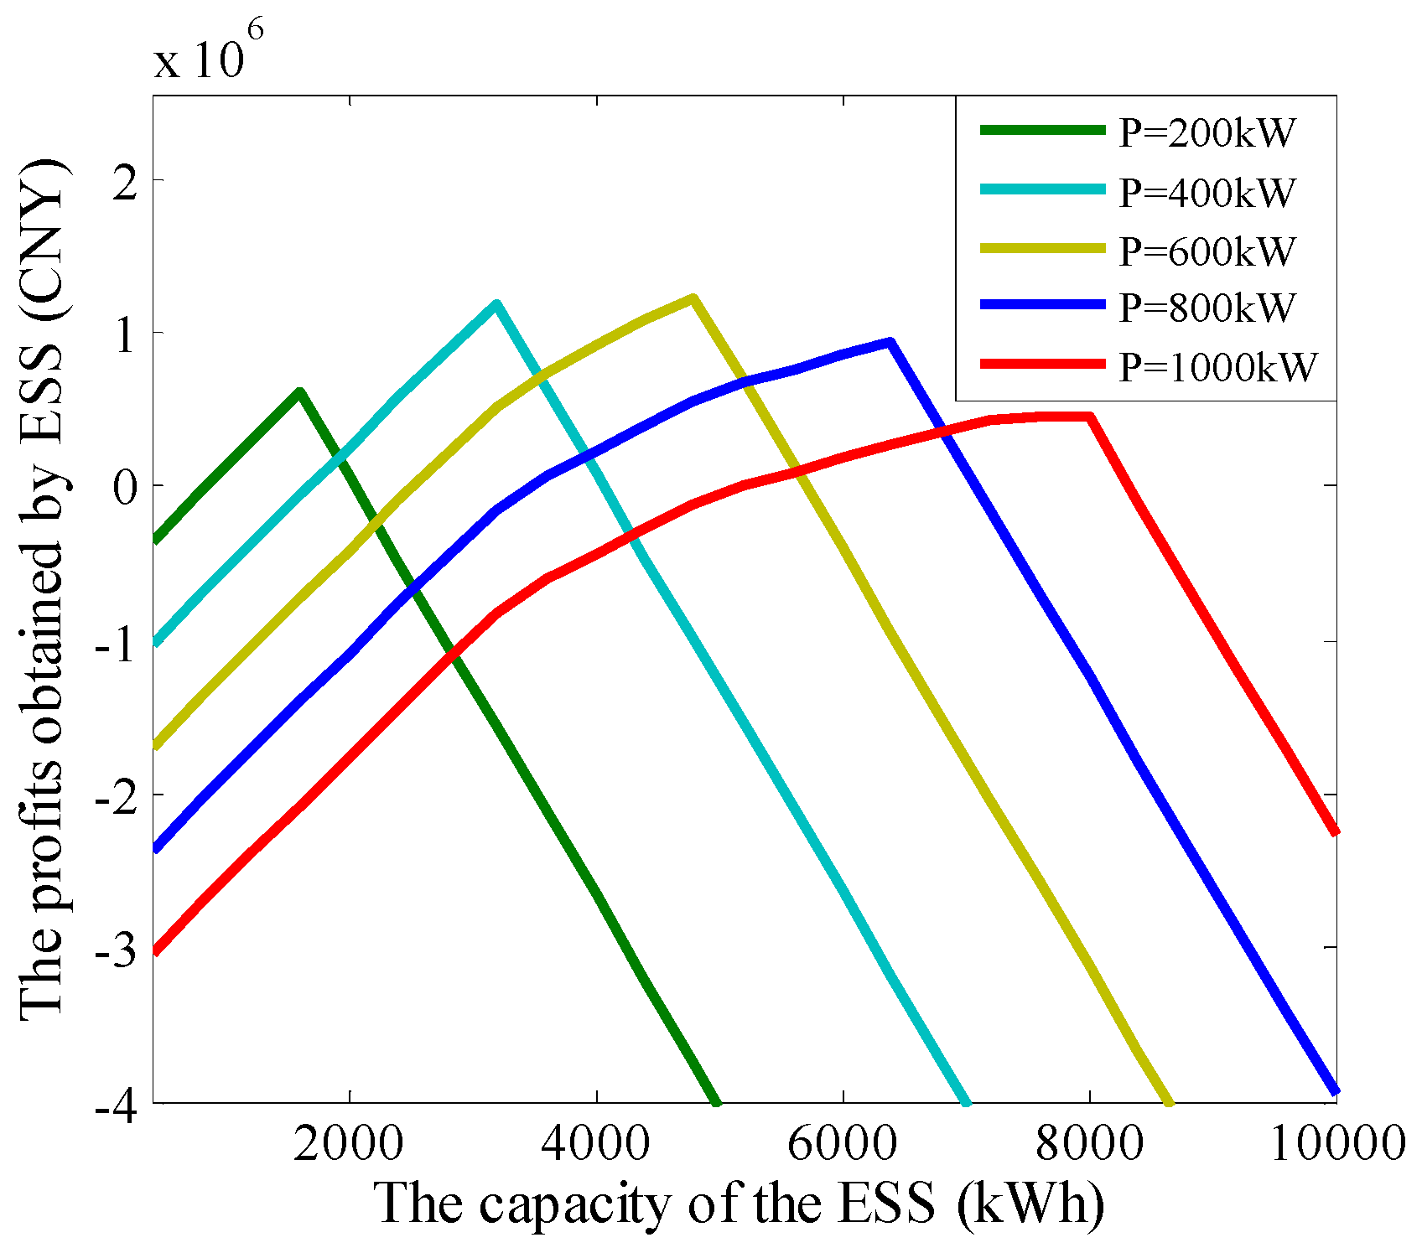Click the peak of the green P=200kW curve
(x=299, y=392)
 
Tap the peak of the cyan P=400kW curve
(x=496, y=305)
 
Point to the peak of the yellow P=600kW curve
(x=693, y=298)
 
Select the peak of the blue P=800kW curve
(x=890, y=342)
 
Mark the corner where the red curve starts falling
(x=1089, y=417)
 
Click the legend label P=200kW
(x=1207, y=133)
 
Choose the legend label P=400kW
(x=1207, y=193)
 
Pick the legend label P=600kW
(x=1207, y=251)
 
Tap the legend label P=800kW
(x=1207, y=308)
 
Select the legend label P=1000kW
(x=1217, y=366)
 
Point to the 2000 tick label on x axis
(x=349, y=1142)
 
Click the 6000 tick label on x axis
(x=843, y=1142)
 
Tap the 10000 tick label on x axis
(x=1336, y=1142)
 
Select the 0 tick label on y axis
(x=125, y=487)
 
